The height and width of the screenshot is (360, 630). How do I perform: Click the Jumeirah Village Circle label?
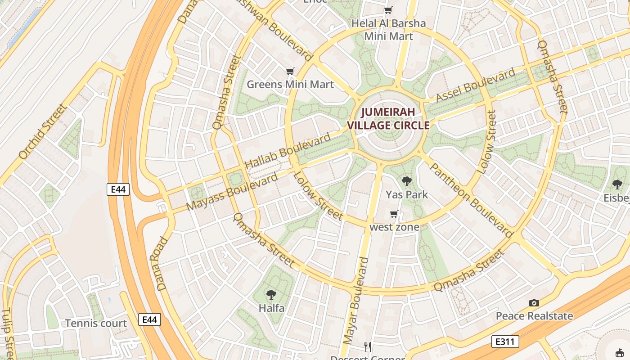(x=388, y=118)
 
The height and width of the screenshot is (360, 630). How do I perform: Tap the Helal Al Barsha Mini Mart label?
(x=388, y=30)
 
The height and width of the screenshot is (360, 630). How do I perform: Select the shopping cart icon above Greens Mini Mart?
(x=290, y=72)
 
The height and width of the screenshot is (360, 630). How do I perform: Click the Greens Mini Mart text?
(x=290, y=85)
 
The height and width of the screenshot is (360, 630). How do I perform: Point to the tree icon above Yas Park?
(x=407, y=181)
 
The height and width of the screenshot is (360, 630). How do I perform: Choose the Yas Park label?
(x=407, y=195)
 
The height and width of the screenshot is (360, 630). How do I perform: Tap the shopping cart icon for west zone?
(x=394, y=214)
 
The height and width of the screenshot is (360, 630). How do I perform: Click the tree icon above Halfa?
(x=271, y=295)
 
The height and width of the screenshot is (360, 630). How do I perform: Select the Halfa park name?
(x=271, y=308)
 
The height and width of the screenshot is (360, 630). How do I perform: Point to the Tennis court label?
(x=96, y=323)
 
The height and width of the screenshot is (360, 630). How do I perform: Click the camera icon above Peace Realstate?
(x=534, y=303)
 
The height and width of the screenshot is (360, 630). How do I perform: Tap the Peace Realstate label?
(x=534, y=316)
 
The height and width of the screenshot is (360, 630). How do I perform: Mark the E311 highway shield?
(x=505, y=342)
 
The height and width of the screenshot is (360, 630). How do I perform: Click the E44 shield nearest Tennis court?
(x=149, y=319)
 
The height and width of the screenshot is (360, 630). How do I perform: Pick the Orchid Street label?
(x=43, y=131)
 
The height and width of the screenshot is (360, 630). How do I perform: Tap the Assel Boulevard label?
(x=476, y=85)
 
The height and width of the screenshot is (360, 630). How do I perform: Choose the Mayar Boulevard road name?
(x=356, y=301)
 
